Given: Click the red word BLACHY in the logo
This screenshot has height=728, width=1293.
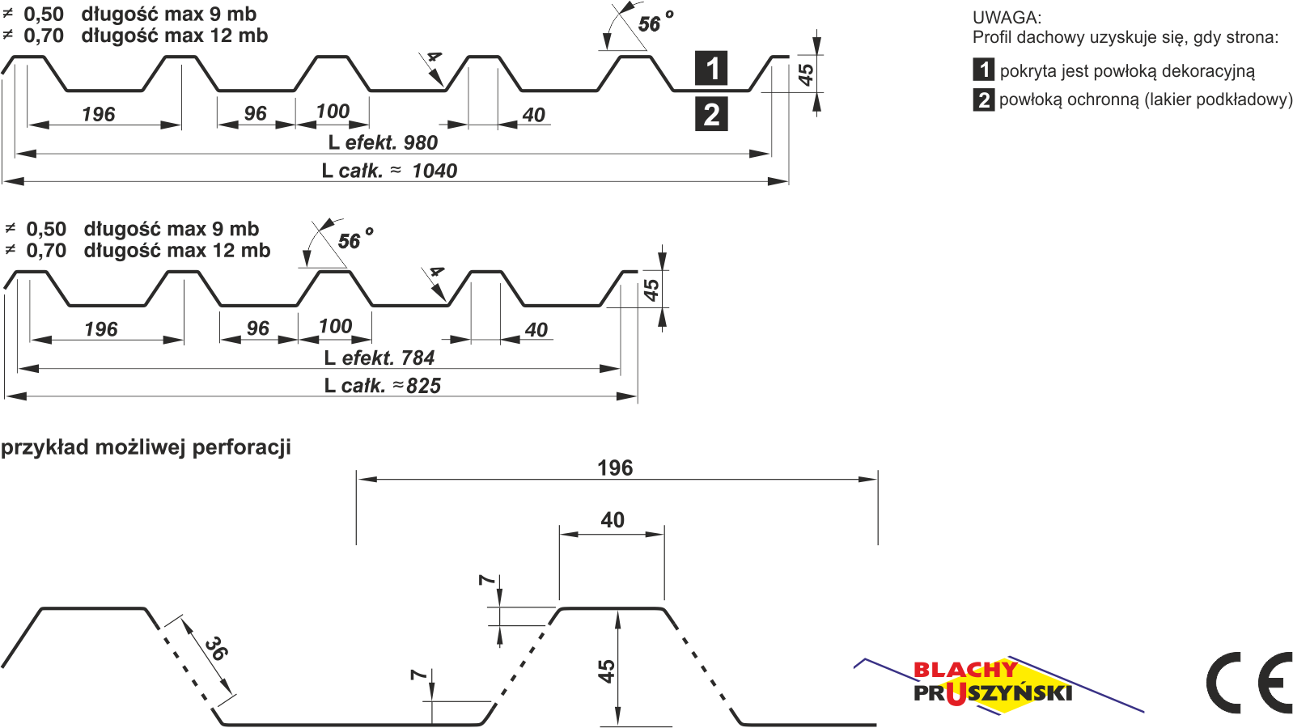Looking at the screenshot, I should (x=964, y=670).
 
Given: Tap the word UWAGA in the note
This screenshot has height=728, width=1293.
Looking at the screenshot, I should (x=1007, y=17).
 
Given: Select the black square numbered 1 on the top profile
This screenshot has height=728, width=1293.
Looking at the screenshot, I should (x=711, y=69).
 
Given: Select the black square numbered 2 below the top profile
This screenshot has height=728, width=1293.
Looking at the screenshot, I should (x=711, y=115).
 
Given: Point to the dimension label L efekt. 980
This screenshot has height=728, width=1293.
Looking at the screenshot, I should (x=383, y=143).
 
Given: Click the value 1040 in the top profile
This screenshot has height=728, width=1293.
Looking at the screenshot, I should (x=435, y=171).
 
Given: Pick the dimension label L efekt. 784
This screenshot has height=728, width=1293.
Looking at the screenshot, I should (x=379, y=358).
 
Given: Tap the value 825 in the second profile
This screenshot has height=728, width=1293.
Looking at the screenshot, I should (x=423, y=386).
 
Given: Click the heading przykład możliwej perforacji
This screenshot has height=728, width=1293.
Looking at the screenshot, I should (x=146, y=447).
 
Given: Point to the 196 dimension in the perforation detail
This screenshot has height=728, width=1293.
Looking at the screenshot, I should (x=615, y=468).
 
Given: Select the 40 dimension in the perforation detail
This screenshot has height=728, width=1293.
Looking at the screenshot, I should (x=613, y=520).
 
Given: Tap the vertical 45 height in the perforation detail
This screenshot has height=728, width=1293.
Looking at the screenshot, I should (x=606, y=671).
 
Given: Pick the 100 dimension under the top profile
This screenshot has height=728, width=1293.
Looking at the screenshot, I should (x=333, y=112).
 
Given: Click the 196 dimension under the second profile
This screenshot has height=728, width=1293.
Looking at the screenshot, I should (x=101, y=329).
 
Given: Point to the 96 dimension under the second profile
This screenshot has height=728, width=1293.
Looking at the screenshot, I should (x=257, y=328).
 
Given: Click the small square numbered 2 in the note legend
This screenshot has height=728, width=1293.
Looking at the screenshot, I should (x=983, y=100).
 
